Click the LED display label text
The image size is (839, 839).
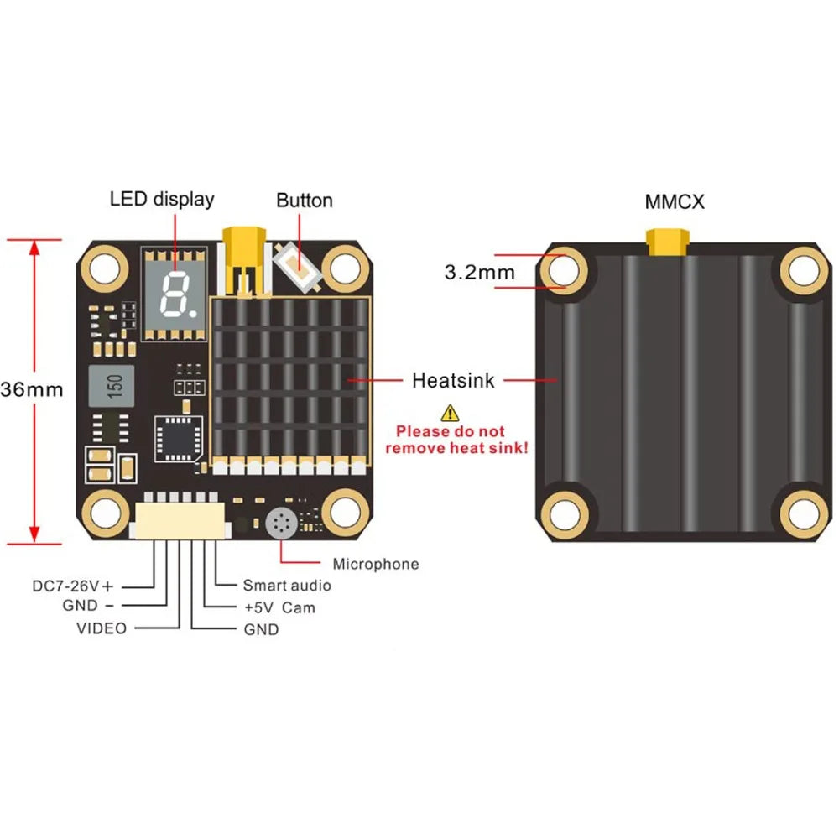162,199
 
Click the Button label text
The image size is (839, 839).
305,201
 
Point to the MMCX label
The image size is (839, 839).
675,202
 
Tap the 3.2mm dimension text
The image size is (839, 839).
479,272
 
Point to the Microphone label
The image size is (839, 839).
375,564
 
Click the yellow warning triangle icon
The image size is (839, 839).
451,412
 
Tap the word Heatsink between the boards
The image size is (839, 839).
453,381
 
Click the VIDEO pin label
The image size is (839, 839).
102,628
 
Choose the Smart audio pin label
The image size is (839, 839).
286,586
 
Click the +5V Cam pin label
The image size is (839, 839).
279,607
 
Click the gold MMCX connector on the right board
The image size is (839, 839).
666,242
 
